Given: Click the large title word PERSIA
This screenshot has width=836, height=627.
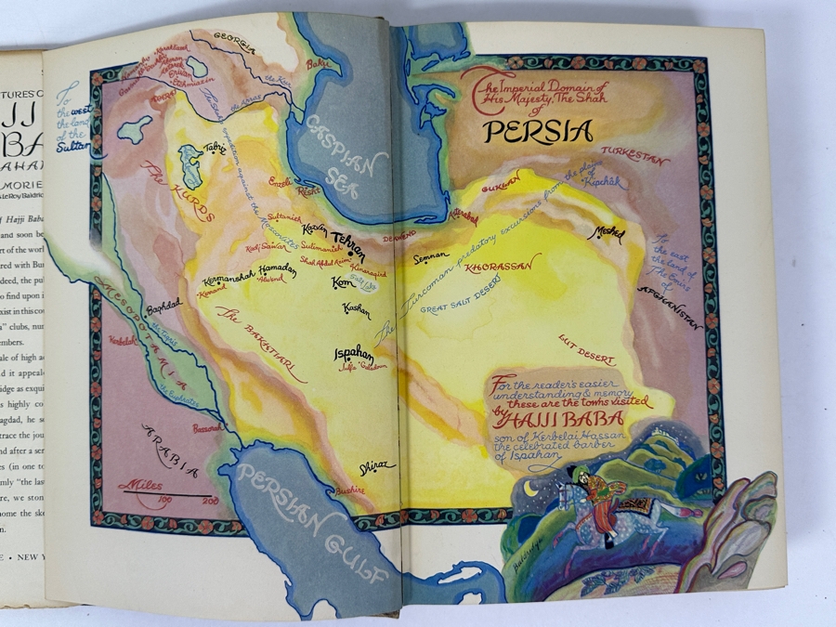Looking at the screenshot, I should click(x=538, y=131).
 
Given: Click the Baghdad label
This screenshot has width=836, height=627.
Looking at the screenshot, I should click(x=163, y=304).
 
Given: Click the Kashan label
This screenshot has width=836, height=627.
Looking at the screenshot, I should click(x=356, y=308).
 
